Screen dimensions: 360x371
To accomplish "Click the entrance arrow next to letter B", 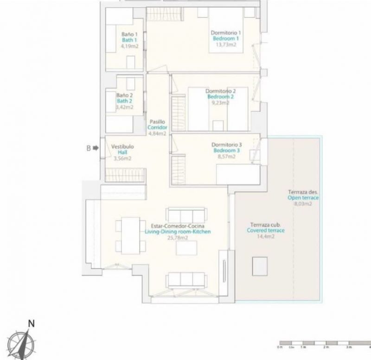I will [x=96, y=148].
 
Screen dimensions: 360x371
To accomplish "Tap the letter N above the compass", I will [x=31, y=324].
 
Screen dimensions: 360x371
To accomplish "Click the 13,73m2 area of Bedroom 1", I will [x=226, y=45].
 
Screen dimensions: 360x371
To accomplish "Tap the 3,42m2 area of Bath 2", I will [x=124, y=107].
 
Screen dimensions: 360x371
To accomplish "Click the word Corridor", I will [x=157, y=127].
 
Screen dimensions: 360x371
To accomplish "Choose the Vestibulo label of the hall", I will [x=123, y=146].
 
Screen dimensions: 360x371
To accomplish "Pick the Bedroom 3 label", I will [x=227, y=151].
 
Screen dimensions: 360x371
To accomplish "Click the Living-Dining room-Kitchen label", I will [x=178, y=232].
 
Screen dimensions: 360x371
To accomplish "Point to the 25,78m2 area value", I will [x=178, y=238].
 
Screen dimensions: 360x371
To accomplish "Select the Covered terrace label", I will [x=266, y=230].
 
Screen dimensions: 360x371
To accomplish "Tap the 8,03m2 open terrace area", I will [x=303, y=203].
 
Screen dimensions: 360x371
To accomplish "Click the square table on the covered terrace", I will [x=260, y=265].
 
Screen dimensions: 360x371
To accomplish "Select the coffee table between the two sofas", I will [x=187, y=247].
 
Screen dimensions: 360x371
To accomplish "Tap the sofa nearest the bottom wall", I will [x=187, y=280].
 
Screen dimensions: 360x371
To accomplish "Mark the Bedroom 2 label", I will [x=221, y=97].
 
